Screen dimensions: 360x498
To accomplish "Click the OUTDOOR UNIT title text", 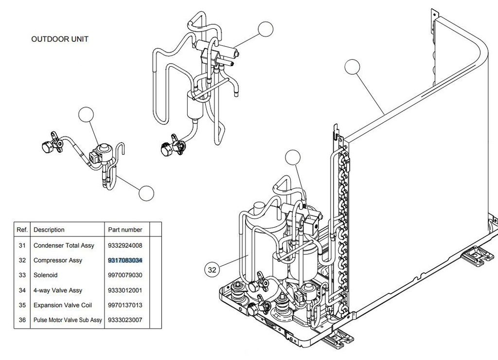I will [60, 39].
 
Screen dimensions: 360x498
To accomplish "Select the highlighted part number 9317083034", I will [125, 260].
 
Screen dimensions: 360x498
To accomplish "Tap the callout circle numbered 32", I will [212, 269].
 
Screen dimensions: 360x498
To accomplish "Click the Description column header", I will [49, 230].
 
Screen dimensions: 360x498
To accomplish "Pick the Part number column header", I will [125, 230].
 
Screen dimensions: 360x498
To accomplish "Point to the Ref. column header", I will [22, 230].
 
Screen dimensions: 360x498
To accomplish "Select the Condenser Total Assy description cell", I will [64, 245].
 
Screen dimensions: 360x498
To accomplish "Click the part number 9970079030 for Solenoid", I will [125, 275].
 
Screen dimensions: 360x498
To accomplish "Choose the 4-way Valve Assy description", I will [57, 290].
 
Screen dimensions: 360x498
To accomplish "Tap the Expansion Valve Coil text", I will [63, 305].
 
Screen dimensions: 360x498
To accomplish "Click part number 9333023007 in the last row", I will [125, 320].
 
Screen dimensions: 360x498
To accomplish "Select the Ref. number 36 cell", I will [22, 320].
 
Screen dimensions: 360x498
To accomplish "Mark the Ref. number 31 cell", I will [22, 245].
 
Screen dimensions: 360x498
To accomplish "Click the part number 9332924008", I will [125, 245].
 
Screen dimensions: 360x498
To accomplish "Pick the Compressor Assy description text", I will [57, 260].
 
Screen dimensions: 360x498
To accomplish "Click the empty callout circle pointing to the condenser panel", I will [352, 68].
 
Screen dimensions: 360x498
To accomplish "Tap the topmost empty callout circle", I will [266, 29].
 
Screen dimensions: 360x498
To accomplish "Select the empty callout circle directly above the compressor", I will [293, 158].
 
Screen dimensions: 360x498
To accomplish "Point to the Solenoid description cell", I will [45, 275].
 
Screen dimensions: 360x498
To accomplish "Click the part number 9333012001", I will [125, 290].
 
